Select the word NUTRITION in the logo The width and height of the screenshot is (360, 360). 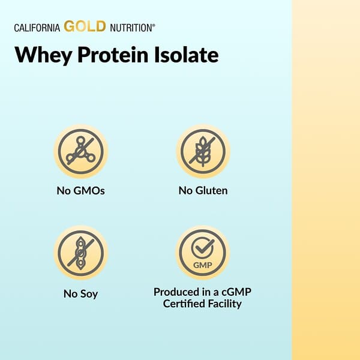pos(131,28)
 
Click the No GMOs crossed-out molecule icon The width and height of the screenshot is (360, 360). pos(81,151)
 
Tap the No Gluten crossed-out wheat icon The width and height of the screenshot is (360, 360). pos(203,151)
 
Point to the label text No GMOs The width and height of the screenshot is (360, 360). pos(81,192)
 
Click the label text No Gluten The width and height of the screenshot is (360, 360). pos(203,191)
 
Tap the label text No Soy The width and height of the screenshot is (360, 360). pos(81,294)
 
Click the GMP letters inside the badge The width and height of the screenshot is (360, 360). pos(203,263)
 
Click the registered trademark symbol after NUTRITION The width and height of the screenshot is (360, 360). pos(154,25)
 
